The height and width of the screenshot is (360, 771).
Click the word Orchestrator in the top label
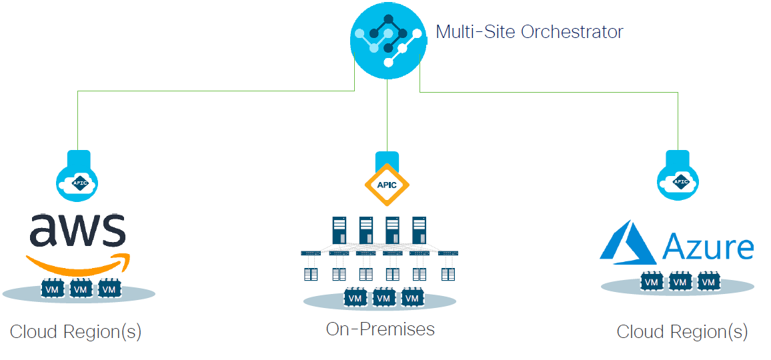572,31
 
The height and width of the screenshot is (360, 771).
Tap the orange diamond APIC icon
387,185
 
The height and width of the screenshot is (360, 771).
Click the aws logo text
77,230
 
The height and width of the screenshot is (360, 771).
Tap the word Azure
708,247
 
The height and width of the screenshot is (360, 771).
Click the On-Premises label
380,329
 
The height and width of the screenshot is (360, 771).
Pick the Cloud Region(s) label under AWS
75,332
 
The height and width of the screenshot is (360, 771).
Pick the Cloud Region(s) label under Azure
682,332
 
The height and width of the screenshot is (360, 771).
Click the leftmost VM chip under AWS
53,289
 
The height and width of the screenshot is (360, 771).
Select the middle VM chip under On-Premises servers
383,298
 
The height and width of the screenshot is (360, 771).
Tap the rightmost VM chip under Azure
708,283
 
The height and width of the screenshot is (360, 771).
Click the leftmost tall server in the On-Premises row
339,231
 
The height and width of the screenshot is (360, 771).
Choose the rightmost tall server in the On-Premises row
419,231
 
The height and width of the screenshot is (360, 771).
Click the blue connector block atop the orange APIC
387,159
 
